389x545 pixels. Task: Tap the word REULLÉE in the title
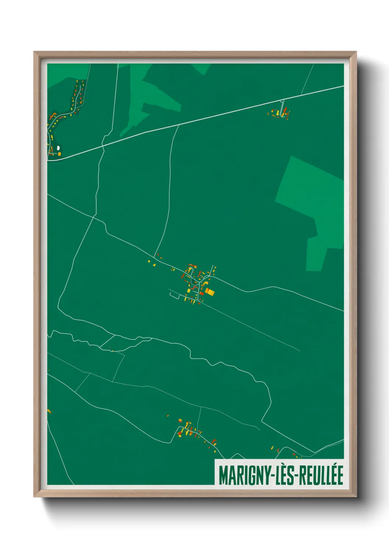[x=321, y=475]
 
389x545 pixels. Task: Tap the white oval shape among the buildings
[x=58, y=149]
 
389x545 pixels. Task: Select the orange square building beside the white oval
[x=59, y=154]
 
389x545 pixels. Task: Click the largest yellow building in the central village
[x=210, y=292]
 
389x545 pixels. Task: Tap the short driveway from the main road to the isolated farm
[x=282, y=105]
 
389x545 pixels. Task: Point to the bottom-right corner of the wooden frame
[x=356, y=496]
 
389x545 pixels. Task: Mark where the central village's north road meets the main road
[x=178, y=125]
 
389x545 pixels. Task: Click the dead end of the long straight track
[x=299, y=351]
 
